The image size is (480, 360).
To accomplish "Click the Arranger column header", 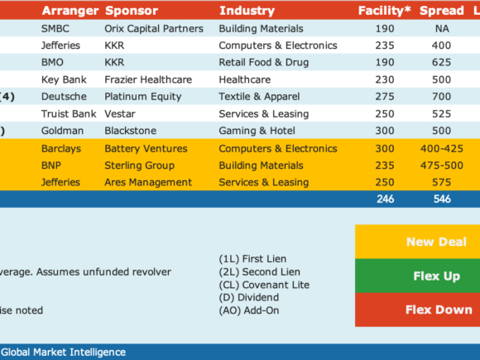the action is point(70,11).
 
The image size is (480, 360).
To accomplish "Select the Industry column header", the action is point(247,11).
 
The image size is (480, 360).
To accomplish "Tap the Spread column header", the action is point(441,11).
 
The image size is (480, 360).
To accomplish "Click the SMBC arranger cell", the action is point(55,28).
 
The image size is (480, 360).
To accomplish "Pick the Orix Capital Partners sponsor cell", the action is point(154,28).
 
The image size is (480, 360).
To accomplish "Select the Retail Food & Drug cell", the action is point(263,62).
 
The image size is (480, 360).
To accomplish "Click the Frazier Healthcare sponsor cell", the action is point(148,79).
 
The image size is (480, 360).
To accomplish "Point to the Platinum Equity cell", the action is point(143,97).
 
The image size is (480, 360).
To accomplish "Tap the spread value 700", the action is point(441,97).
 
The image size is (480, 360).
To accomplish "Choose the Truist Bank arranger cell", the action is point(69,114).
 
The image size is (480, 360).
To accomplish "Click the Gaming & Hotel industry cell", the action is point(257,131).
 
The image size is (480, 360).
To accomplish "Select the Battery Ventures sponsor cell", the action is point(146,148).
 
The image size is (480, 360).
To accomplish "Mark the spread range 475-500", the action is point(441,166).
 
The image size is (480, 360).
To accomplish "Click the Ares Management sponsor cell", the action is point(148,182).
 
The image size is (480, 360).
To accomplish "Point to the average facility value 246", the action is point(385,199).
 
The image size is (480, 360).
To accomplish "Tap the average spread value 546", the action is point(442,199).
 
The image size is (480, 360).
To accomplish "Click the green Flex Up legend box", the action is point(418,276).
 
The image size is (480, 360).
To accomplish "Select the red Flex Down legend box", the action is point(418,310).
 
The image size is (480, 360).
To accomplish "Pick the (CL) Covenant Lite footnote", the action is point(264,285).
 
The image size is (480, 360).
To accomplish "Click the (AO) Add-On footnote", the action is point(249,310).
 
